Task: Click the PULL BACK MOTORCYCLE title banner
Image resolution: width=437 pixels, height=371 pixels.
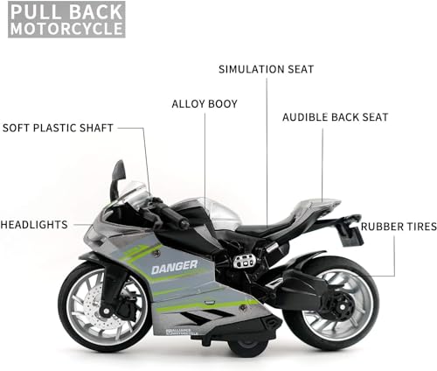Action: click(66, 19)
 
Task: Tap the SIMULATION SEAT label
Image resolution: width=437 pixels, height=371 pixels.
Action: click(267, 69)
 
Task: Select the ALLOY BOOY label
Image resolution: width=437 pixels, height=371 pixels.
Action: click(205, 104)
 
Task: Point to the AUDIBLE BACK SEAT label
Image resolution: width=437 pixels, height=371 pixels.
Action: click(336, 117)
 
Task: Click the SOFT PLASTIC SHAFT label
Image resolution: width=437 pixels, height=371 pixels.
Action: click(58, 128)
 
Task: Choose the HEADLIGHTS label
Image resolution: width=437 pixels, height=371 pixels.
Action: click(34, 225)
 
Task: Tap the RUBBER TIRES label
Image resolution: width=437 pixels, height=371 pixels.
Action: click(399, 227)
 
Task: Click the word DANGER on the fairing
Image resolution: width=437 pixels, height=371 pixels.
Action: click(174, 267)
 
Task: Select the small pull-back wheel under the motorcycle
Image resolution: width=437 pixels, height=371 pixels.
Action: click(247, 346)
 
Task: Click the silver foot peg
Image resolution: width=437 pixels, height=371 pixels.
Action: click(244, 261)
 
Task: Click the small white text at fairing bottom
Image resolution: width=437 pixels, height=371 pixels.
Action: click(182, 332)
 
